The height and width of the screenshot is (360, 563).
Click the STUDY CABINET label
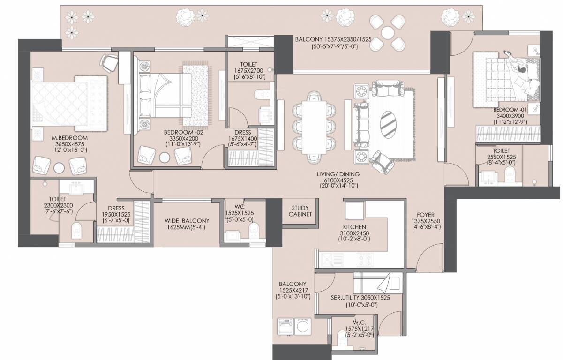(x=300, y=211)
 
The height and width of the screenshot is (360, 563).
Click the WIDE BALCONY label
(x=187, y=221)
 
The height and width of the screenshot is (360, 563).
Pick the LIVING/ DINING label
(x=338, y=174)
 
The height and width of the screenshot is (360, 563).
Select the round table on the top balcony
(x=388, y=32)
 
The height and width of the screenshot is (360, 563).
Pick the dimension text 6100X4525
(x=338, y=180)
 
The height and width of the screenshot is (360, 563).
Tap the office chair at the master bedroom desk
(x=109, y=61)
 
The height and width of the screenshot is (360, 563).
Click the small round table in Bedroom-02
(x=165, y=158)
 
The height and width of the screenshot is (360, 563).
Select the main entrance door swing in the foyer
(x=425, y=260)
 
